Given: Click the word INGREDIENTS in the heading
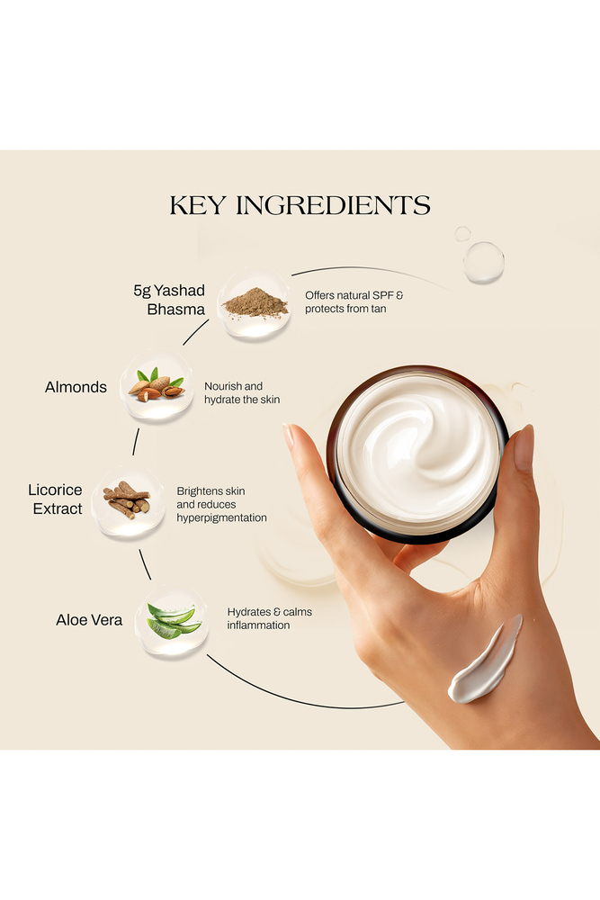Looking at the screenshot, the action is click(333, 205).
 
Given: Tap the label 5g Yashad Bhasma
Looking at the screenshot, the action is click(169, 300).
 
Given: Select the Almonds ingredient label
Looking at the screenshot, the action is click(76, 387).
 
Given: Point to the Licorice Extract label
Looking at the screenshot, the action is click(55, 499).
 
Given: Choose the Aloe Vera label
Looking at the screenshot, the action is click(89, 620).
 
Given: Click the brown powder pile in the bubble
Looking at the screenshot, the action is click(255, 303).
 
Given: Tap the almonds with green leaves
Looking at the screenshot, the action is click(157, 384).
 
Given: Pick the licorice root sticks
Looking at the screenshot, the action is click(127, 499).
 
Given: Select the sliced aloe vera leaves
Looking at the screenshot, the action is click(173, 620).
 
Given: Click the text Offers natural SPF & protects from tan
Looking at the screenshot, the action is click(354, 301).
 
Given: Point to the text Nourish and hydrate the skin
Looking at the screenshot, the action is click(242, 392).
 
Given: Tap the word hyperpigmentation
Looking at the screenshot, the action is click(221, 517).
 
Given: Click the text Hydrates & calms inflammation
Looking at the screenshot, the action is click(270, 618).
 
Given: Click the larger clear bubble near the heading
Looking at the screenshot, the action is click(484, 262).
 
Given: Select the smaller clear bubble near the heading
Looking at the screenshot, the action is click(462, 234).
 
